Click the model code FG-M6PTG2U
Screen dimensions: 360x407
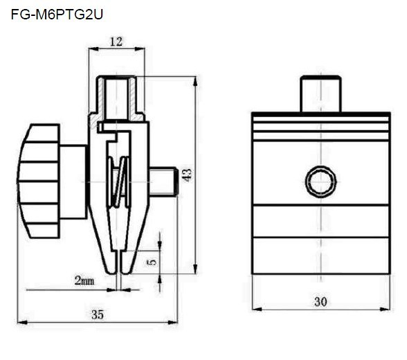point(57,13)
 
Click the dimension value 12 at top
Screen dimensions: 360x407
point(116,42)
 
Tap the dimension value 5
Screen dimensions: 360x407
point(152,262)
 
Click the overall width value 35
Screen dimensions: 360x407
point(98,314)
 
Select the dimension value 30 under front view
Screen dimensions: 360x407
point(320,302)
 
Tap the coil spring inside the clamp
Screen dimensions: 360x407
point(119,183)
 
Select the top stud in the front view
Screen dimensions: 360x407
point(320,94)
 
